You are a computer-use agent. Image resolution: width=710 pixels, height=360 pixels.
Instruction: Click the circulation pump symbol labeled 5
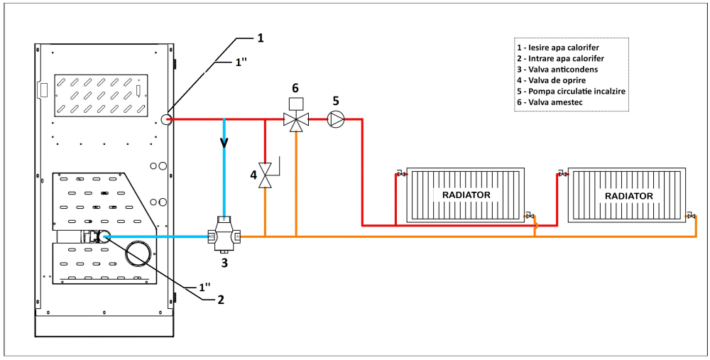[x=335, y=119]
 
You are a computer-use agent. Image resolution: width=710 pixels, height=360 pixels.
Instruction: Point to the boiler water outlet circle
[x=168, y=119]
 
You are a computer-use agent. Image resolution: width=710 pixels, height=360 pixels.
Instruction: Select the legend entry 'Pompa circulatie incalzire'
[x=571, y=92]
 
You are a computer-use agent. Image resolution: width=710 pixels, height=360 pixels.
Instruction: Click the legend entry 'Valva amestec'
[x=555, y=103]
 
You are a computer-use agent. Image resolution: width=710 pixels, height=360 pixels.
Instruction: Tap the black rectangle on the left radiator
[x=466, y=195]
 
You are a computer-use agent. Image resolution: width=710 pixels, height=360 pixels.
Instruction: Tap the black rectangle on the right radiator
[x=628, y=195]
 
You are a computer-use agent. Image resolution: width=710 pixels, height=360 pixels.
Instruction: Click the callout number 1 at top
[x=260, y=37]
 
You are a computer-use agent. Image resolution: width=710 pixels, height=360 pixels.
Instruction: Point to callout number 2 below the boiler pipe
[x=221, y=300]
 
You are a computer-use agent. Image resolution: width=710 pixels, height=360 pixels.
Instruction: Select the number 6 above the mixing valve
[x=295, y=87]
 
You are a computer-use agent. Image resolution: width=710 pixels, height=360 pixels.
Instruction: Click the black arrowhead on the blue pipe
[x=224, y=141]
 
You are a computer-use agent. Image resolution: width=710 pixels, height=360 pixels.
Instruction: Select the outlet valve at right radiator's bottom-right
[x=691, y=216]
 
